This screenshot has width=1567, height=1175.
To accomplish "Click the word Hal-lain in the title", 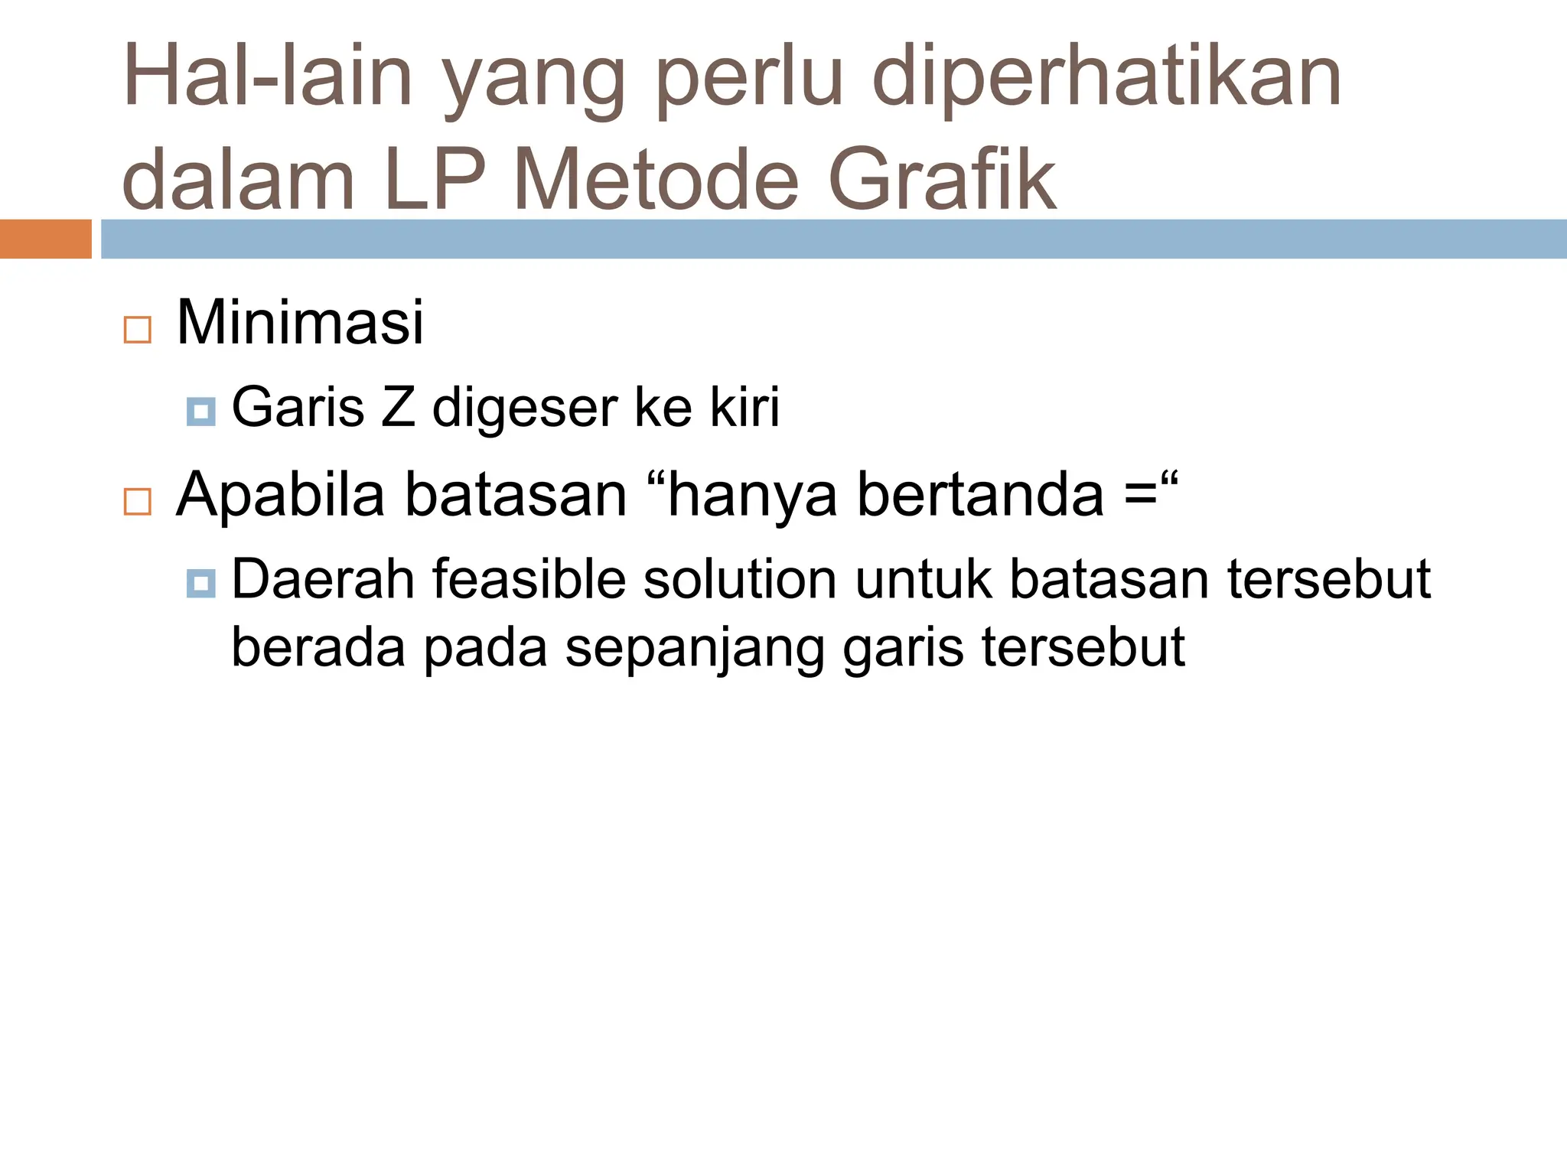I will click(x=268, y=76).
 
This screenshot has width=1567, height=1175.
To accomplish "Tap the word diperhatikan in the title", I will click(x=1106, y=76).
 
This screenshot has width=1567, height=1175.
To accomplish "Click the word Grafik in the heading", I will click(x=942, y=181).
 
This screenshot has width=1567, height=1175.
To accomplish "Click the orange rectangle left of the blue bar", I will click(x=45, y=239).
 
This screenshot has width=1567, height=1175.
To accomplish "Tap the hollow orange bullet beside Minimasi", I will click(x=138, y=330).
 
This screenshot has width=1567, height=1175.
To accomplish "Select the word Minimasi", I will click(x=300, y=323).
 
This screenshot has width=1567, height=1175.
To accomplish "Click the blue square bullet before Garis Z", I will click(x=200, y=412).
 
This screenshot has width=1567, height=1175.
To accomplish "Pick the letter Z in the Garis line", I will click(x=398, y=408).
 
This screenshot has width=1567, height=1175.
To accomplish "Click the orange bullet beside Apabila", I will click(x=138, y=502).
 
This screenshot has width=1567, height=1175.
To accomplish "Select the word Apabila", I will click(x=280, y=496).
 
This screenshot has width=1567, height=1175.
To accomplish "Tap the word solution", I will click(x=740, y=579).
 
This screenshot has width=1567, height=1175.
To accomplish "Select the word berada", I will click(x=318, y=648).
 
